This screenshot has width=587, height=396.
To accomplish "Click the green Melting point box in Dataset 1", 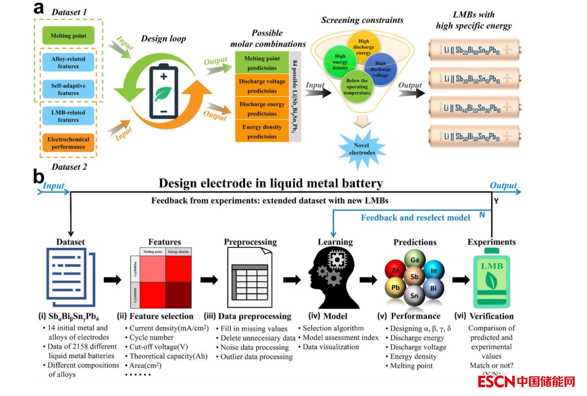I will pyautogui.click(x=68, y=36).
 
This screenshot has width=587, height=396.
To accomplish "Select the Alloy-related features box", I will pyautogui.click(x=68, y=62).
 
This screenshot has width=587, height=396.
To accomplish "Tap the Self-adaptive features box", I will pyautogui.click(x=68, y=89).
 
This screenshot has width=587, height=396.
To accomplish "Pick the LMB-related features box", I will pyautogui.click(x=68, y=116).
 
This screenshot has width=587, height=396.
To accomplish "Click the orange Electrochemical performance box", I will pyautogui.click(x=68, y=143).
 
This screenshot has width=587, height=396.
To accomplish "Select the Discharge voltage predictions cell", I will pyautogui.click(x=262, y=86).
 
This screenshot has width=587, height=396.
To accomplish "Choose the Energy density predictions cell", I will pyautogui.click(x=262, y=131).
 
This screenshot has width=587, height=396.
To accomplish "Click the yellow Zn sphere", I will pyautogui.click(x=396, y=270).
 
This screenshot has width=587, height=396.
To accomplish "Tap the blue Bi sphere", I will pyautogui.click(x=434, y=288).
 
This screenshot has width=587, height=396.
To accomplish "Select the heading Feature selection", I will pyautogui.click(x=161, y=316).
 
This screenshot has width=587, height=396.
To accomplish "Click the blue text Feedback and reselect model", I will pyautogui.click(x=416, y=218).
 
